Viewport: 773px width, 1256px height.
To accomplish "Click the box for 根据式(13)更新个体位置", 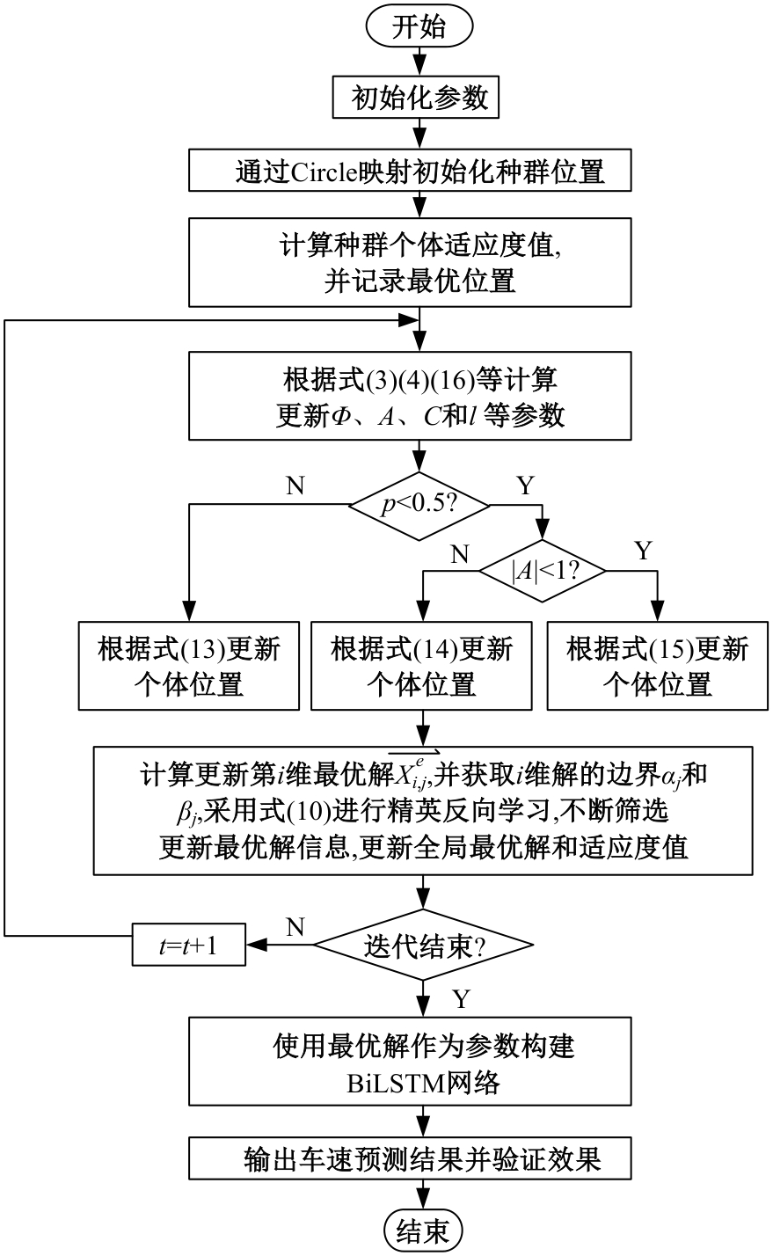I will click(x=189, y=666).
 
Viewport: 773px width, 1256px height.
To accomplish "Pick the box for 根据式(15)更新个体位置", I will click(x=657, y=666).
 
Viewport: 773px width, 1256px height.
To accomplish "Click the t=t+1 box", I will click(x=188, y=946).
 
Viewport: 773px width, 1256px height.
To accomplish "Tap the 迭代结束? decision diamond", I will click(x=424, y=946).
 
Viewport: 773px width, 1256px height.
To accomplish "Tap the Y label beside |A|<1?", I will click(x=643, y=551).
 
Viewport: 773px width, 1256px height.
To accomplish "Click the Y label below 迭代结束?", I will click(x=460, y=998).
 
